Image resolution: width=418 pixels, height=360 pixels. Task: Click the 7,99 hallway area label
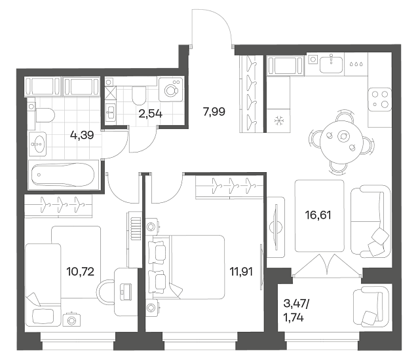click(x=214, y=112)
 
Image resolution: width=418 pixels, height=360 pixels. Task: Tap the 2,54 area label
click(x=150, y=114)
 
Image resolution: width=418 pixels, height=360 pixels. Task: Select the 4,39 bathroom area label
click(x=82, y=135)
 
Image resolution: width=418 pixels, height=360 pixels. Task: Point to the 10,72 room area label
click(x=80, y=272)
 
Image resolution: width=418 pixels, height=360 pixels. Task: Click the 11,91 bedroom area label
click(x=241, y=272)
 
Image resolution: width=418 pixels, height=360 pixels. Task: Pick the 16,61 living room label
click(x=318, y=215)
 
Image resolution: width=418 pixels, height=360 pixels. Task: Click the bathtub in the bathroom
click(x=63, y=175)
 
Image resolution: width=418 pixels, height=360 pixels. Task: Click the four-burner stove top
click(x=380, y=99)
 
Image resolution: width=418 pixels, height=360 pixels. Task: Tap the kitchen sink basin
click(x=331, y=64)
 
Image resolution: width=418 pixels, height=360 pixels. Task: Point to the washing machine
click(x=170, y=90)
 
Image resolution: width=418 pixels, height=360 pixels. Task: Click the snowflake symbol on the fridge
click(x=278, y=122)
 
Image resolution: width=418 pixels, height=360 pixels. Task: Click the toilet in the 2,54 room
click(x=139, y=96)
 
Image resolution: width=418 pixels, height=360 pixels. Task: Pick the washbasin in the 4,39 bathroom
click(x=38, y=143)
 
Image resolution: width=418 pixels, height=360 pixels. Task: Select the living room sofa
click(x=370, y=221)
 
